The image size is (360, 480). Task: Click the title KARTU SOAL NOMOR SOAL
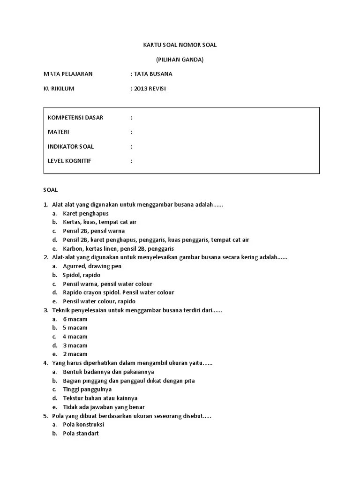[x=180, y=45]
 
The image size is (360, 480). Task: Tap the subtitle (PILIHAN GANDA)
[x=180, y=60]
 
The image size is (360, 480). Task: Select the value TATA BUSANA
[x=153, y=74]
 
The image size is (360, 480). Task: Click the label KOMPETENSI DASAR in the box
[x=75, y=118]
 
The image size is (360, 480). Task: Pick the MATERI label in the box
[x=59, y=132]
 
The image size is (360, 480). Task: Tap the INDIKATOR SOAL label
[x=71, y=147]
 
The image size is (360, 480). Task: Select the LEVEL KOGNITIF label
[x=69, y=161]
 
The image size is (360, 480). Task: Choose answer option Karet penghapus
[x=86, y=213]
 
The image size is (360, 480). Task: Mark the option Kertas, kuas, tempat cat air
[x=100, y=222]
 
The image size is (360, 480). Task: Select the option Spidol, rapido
[x=82, y=275]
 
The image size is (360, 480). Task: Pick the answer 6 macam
[x=75, y=319]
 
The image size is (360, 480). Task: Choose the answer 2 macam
[x=75, y=354]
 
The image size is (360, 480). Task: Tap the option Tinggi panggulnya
[x=87, y=390]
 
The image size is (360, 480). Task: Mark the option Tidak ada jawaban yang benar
[x=104, y=407]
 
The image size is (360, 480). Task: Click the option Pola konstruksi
[x=83, y=425]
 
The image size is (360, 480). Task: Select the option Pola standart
[x=81, y=434]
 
